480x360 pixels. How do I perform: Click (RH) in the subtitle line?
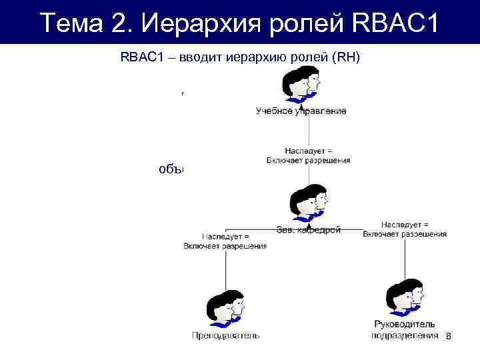[x=345, y=57]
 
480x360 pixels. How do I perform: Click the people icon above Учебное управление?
[x=301, y=85]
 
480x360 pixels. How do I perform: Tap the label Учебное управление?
[x=301, y=111]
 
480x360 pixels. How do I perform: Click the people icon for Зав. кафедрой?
[x=309, y=202]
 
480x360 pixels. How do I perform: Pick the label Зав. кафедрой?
[x=309, y=230]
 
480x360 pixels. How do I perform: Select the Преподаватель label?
[x=225, y=335]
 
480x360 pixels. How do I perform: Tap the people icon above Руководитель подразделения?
[x=405, y=297]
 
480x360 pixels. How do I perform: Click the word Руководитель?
[x=405, y=325]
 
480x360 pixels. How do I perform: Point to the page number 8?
[x=448, y=338]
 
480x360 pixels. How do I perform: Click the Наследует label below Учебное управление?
[x=308, y=151]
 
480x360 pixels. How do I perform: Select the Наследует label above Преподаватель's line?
[x=225, y=236]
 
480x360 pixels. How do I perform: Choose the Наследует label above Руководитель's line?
[x=405, y=225]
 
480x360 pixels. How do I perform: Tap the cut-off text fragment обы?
[x=171, y=169]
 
